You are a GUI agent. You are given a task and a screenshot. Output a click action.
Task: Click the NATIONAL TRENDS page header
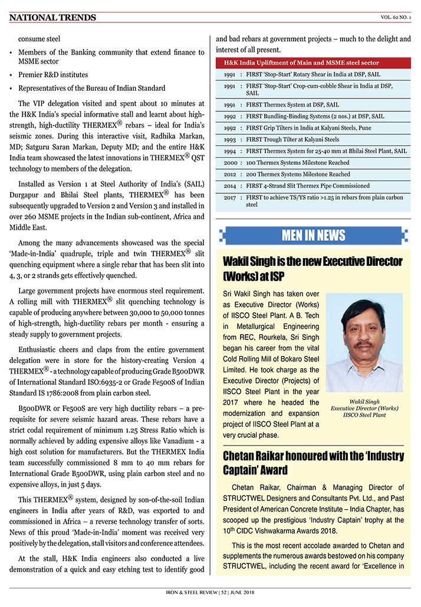(52, 18)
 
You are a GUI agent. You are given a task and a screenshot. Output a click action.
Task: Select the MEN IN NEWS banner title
(313, 236)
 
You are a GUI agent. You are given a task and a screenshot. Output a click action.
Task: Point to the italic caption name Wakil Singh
(364, 401)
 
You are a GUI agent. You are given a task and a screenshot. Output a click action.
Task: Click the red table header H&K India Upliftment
(301, 62)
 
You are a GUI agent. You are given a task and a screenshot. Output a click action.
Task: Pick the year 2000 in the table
(231, 163)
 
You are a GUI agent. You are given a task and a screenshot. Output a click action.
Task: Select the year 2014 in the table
(231, 186)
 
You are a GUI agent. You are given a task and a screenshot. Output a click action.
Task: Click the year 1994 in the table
(231, 151)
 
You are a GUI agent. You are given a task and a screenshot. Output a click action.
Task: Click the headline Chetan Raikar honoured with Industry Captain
(313, 463)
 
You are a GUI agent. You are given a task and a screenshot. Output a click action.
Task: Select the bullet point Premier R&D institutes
(53, 75)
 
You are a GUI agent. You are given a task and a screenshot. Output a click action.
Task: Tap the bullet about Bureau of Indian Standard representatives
(91, 88)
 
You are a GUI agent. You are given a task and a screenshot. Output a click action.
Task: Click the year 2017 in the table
(231, 197)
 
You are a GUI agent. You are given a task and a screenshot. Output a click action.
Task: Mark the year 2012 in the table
(231, 174)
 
